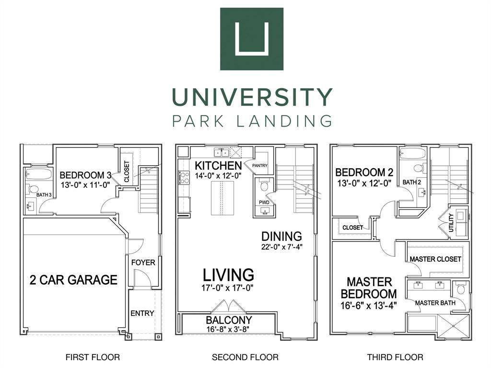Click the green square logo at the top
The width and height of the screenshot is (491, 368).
(x=252, y=39)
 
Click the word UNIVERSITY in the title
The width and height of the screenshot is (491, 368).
(x=252, y=97)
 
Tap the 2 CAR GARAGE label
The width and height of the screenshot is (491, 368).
(x=73, y=280)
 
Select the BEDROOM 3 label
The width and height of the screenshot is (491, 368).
(x=85, y=175)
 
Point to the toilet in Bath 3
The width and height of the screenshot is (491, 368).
(x=33, y=189)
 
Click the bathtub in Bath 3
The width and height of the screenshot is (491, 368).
(x=38, y=173)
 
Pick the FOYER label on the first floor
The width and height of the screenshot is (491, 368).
(x=143, y=262)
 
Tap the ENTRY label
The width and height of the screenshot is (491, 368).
(x=142, y=313)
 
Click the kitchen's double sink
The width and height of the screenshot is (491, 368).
(x=221, y=152)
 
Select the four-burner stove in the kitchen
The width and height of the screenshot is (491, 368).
(x=184, y=177)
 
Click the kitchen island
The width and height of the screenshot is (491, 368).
(x=222, y=198)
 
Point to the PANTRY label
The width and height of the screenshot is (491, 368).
(x=260, y=165)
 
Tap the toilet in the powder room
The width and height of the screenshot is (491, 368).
(x=264, y=185)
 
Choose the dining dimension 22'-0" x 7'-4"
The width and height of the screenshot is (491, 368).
(x=282, y=247)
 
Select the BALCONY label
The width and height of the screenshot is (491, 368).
(x=229, y=320)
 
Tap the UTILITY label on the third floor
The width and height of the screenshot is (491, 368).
(x=451, y=222)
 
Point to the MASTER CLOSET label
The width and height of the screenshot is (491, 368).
(x=435, y=259)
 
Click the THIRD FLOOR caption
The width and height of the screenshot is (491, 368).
(x=395, y=357)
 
